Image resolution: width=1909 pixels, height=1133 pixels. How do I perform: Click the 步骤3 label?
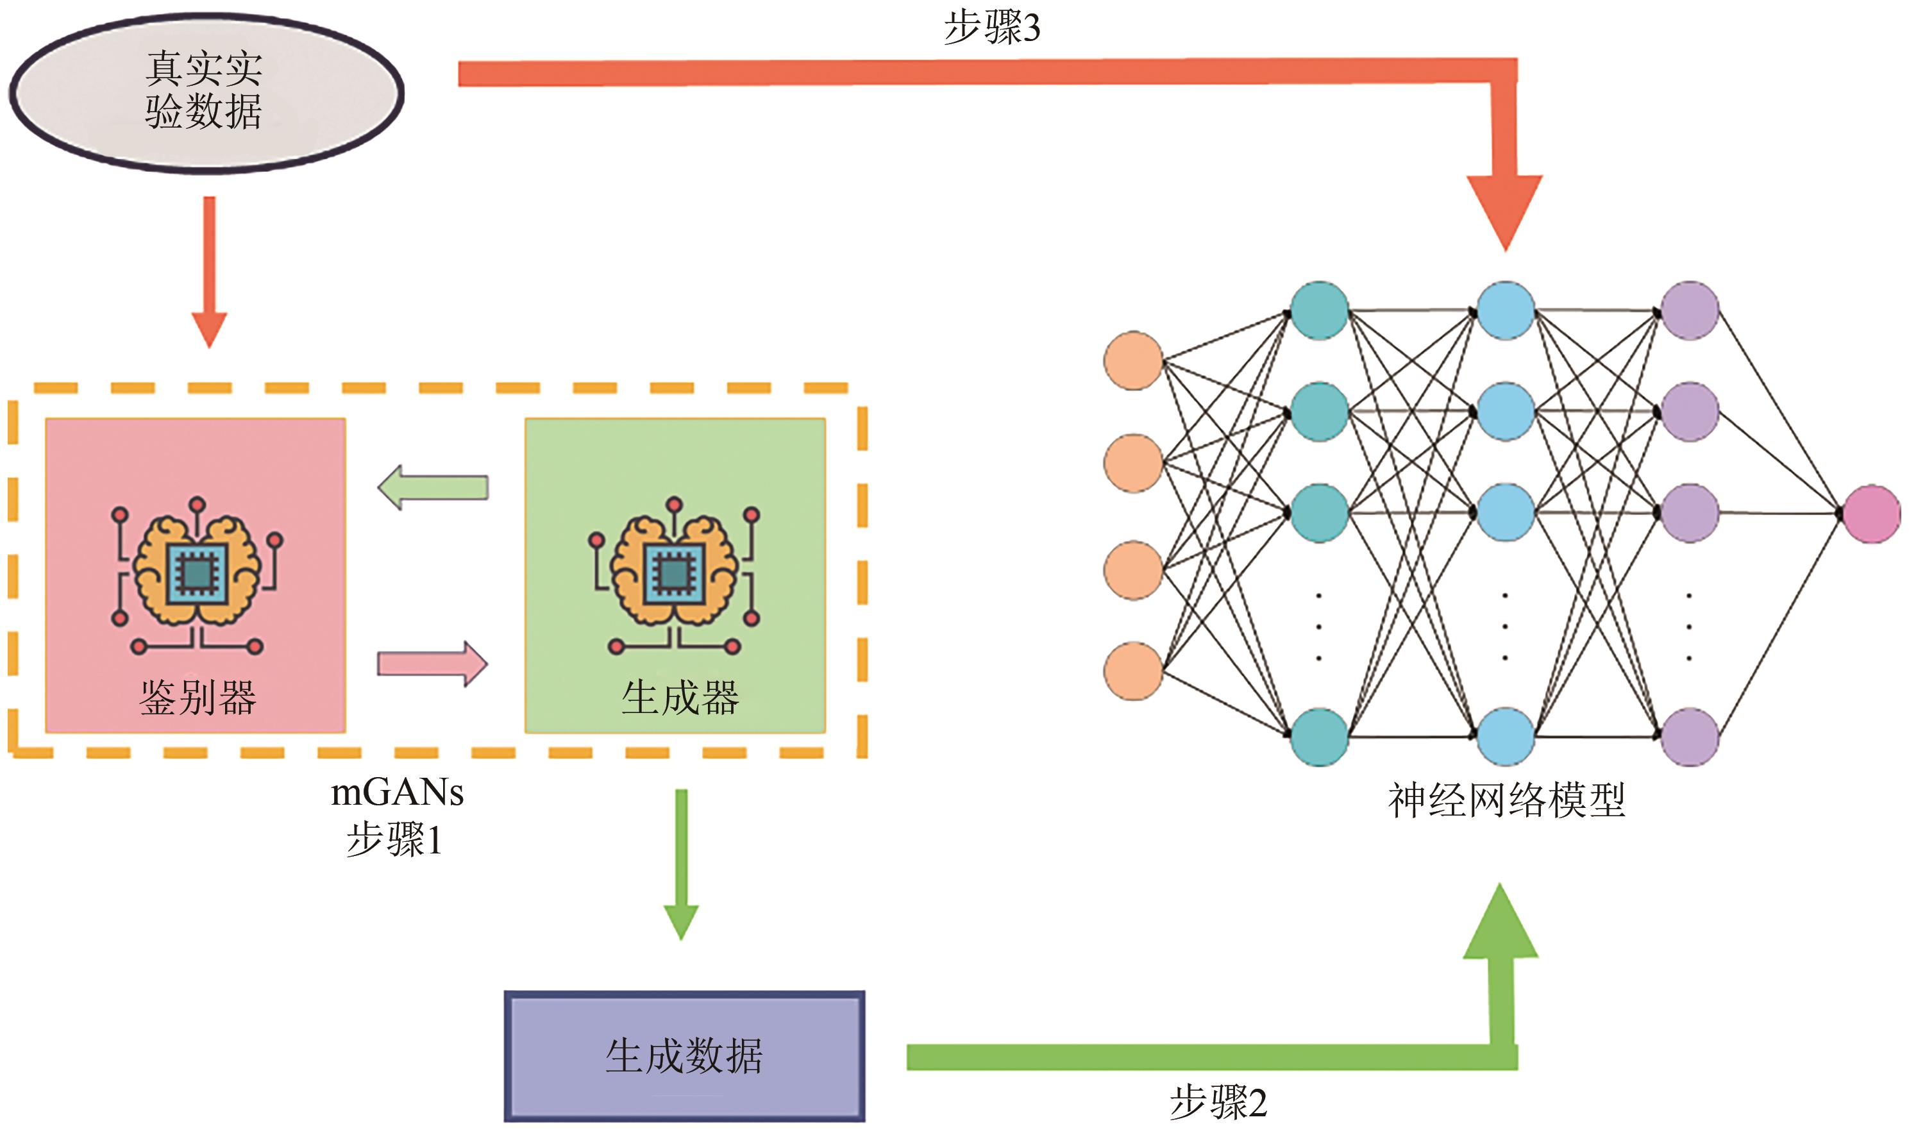[991, 28]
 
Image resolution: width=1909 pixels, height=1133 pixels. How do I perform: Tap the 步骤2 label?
[1218, 1102]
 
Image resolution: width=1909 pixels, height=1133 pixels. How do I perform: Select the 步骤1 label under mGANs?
[394, 840]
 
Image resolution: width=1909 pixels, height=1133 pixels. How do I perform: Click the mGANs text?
[397, 793]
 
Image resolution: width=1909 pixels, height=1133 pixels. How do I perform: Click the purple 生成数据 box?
[684, 1056]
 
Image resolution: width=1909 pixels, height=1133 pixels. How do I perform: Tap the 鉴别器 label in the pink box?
[198, 698]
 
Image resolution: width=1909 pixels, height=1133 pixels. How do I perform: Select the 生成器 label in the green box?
[679, 698]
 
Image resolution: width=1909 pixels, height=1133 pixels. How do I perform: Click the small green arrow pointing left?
[433, 487]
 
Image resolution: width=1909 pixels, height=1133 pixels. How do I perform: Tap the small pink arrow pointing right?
[433, 664]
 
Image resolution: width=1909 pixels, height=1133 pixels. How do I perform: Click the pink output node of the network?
[1872, 514]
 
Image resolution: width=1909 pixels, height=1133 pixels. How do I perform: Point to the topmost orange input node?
[1134, 360]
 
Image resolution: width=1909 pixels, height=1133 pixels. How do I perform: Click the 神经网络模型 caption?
[1506, 801]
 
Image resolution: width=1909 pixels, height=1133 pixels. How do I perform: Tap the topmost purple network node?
[1690, 310]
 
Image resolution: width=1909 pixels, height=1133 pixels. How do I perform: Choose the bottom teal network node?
[1319, 737]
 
